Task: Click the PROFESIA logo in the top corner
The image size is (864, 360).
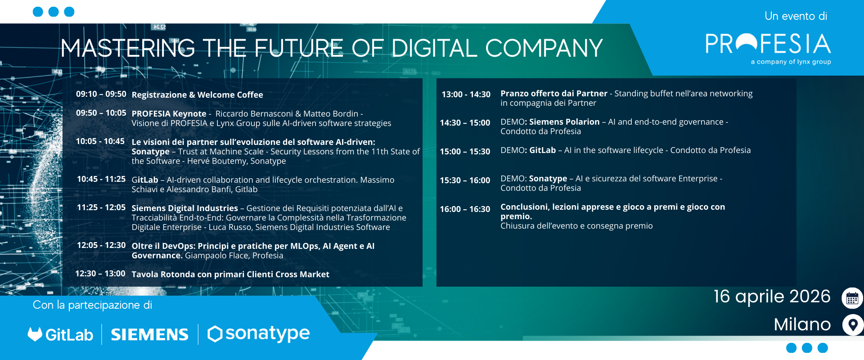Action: pos(768,49)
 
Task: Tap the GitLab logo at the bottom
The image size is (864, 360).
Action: pos(60,334)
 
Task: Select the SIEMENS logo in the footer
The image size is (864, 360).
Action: pos(149,334)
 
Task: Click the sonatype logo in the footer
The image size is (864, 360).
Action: pos(258,334)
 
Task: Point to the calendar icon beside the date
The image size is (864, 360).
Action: pos(852,298)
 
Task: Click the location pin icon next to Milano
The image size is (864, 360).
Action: pos(853,325)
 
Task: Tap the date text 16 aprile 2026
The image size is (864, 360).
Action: pos(772,297)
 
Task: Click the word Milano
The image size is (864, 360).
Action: pos(802,324)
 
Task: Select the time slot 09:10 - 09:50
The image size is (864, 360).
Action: pos(101,94)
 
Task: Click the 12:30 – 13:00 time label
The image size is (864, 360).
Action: pos(100,274)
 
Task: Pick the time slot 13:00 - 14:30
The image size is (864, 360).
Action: pos(466,94)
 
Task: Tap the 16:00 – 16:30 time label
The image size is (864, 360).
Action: pos(465,209)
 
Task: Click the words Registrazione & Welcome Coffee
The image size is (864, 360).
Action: pos(197,95)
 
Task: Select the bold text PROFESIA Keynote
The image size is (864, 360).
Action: pos(169,114)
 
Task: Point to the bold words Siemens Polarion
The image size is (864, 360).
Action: pos(564,122)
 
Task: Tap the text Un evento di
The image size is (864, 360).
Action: pos(796,16)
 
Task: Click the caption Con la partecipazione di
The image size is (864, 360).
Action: pos(92,305)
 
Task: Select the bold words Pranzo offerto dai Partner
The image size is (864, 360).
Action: pos(554,94)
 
